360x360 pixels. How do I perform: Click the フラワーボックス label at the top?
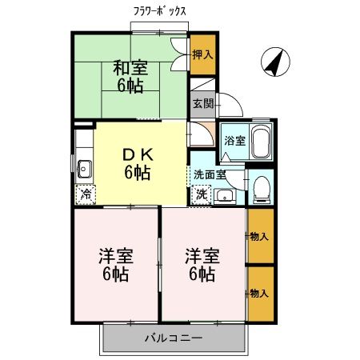[x=160, y=12]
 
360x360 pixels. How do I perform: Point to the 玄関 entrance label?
[x=202, y=103]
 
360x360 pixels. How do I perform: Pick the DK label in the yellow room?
[x=136, y=154]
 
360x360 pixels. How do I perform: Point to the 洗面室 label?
[x=210, y=174]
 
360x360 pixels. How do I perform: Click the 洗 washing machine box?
[x=201, y=193]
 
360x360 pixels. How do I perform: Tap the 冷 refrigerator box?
[x=84, y=194]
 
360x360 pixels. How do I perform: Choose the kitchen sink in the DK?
[x=83, y=168]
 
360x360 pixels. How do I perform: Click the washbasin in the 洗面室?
[x=226, y=196]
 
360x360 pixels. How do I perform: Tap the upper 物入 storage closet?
[x=258, y=236]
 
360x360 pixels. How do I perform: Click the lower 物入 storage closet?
[x=258, y=293]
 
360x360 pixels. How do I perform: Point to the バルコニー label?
[x=173, y=338]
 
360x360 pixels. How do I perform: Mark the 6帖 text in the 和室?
[x=130, y=85]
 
